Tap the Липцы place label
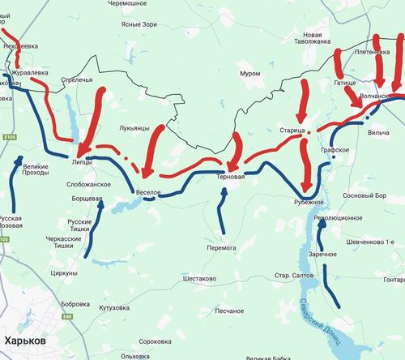pos(82,161)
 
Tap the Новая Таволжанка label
pos(318,41)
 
